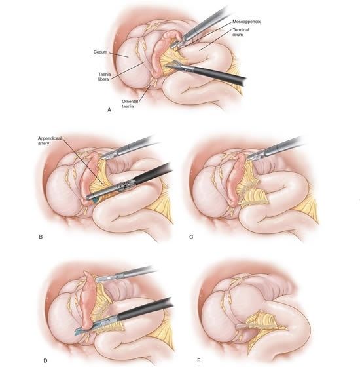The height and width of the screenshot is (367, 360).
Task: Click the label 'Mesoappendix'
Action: tap(246, 22)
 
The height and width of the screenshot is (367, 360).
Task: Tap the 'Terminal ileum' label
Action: tap(241, 32)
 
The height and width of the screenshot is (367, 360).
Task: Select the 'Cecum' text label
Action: tap(100, 52)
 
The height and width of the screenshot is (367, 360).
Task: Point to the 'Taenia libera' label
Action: tap(104, 77)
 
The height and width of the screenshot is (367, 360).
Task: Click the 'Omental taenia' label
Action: tap(130, 104)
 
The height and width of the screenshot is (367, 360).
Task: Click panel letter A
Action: tap(109, 110)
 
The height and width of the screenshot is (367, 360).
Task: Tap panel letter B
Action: tap(41, 237)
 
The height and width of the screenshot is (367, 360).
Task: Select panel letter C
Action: tap(191, 237)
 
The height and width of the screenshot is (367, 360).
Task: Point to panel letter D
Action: tap(45, 360)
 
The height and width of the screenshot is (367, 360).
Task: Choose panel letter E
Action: tap(199, 360)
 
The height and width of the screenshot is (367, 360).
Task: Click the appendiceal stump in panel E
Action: tap(242, 326)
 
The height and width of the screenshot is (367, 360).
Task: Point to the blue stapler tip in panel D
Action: tap(80, 330)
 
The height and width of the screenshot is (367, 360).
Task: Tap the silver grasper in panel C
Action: tap(276, 148)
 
